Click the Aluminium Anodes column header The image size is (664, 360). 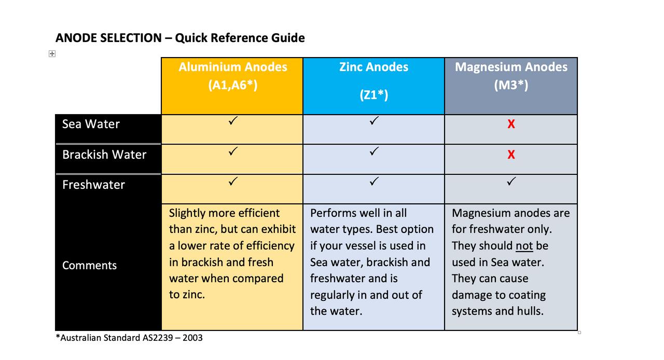(x=232, y=67)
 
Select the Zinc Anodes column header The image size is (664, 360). (x=374, y=67)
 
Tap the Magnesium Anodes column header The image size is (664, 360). (x=511, y=67)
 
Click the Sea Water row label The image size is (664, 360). (x=91, y=124)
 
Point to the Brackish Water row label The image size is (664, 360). (x=104, y=155)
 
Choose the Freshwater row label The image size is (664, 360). (x=93, y=185)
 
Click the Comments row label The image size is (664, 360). (x=89, y=266)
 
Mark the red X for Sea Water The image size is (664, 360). (x=511, y=124)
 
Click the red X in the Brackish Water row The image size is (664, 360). (x=511, y=155)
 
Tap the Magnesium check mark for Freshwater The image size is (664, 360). (x=511, y=182)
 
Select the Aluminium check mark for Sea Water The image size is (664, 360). (x=233, y=121)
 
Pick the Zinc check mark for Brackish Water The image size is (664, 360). (x=374, y=151)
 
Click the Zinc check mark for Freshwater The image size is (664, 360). (x=374, y=182)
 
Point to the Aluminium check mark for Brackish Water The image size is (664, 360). (x=233, y=151)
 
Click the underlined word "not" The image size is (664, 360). (x=524, y=246)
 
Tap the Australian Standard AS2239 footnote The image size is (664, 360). (x=129, y=338)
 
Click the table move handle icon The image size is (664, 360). (x=52, y=53)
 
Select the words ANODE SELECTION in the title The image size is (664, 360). (x=108, y=38)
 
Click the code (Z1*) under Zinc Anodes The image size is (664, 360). (x=374, y=95)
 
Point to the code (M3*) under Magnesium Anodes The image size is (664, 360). (x=511, y=85)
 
